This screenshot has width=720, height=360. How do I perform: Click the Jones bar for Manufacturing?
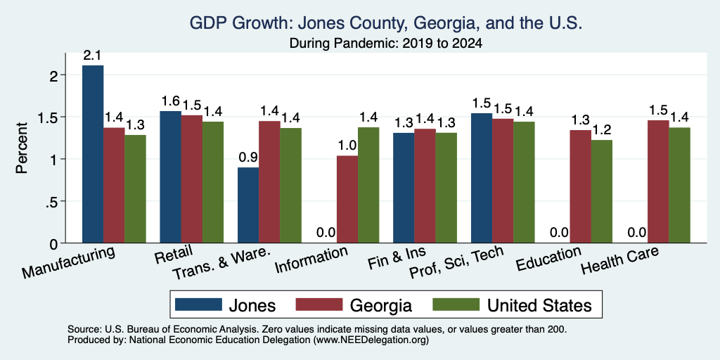pyautogui.click(x=93, y=154)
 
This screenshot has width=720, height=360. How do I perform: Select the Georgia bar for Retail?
pyautogui.click(x=191, y=179)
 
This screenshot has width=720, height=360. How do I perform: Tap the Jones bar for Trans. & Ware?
pyautogui.click(x=248, y=205)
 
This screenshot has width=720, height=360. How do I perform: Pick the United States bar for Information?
pyautogui.click(x=368, y=185)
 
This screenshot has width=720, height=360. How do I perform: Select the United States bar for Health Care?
pyautogui.click(x=680, y=185)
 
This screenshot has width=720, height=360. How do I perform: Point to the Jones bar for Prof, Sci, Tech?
pyautogui.click(x=482, y=178)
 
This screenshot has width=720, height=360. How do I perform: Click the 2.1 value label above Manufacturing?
pyautogui.click(x=92, y=56)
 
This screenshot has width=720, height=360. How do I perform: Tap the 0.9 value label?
pyautogui.click(x=248, y=157)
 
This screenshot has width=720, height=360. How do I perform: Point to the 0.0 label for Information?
pyautogui.click(x=326, y=233)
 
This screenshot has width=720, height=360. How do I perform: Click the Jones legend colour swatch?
pyautogui.click(x=198, y=304)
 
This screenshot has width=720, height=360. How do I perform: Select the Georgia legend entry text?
pyautogui.click(x=380, y=305)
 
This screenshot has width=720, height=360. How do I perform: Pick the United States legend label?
pyautogui.click(x=539, y=305)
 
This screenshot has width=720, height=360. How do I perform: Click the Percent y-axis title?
pyautogui.click(x=22, y=148)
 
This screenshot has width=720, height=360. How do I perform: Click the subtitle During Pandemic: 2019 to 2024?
pyautogui.click(x=386, y=44)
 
